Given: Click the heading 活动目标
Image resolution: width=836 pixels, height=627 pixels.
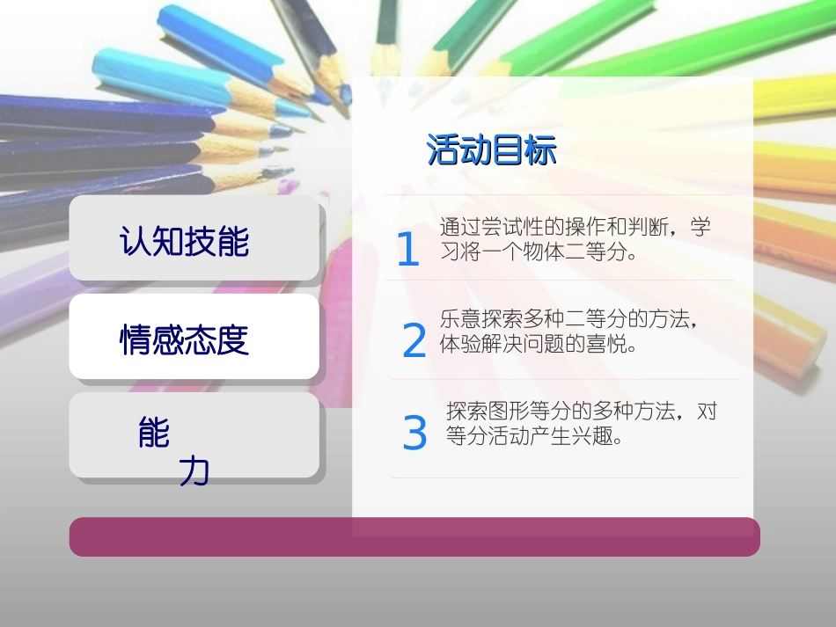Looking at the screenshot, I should click(491, 149).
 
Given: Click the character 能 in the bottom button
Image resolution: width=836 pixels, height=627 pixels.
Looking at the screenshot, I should click(154, 433).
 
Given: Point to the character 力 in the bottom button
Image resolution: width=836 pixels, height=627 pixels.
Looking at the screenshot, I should click(194, 472).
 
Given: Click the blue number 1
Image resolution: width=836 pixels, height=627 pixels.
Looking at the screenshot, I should click(407, 250).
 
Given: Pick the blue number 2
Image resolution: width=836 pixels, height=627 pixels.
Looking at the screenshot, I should click(414, 341).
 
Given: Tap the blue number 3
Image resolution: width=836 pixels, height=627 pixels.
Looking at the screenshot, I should click(414, 433).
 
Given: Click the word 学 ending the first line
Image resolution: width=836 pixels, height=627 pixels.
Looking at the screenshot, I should click(700, 227).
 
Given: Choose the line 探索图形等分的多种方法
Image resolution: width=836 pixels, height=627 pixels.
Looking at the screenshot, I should click(562, 411).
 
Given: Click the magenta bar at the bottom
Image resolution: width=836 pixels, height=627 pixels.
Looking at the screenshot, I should click(414, 536).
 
